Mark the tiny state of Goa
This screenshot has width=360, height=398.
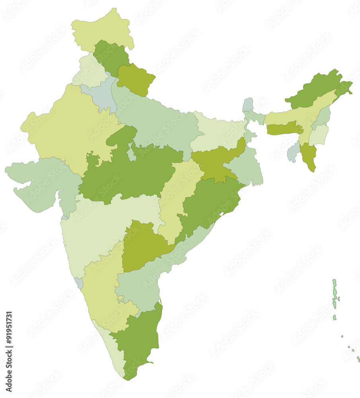point(79,283)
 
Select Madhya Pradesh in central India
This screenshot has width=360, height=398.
point(127,171)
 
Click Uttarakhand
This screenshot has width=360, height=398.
point(135,80)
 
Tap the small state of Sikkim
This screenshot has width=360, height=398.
point(248,105)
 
